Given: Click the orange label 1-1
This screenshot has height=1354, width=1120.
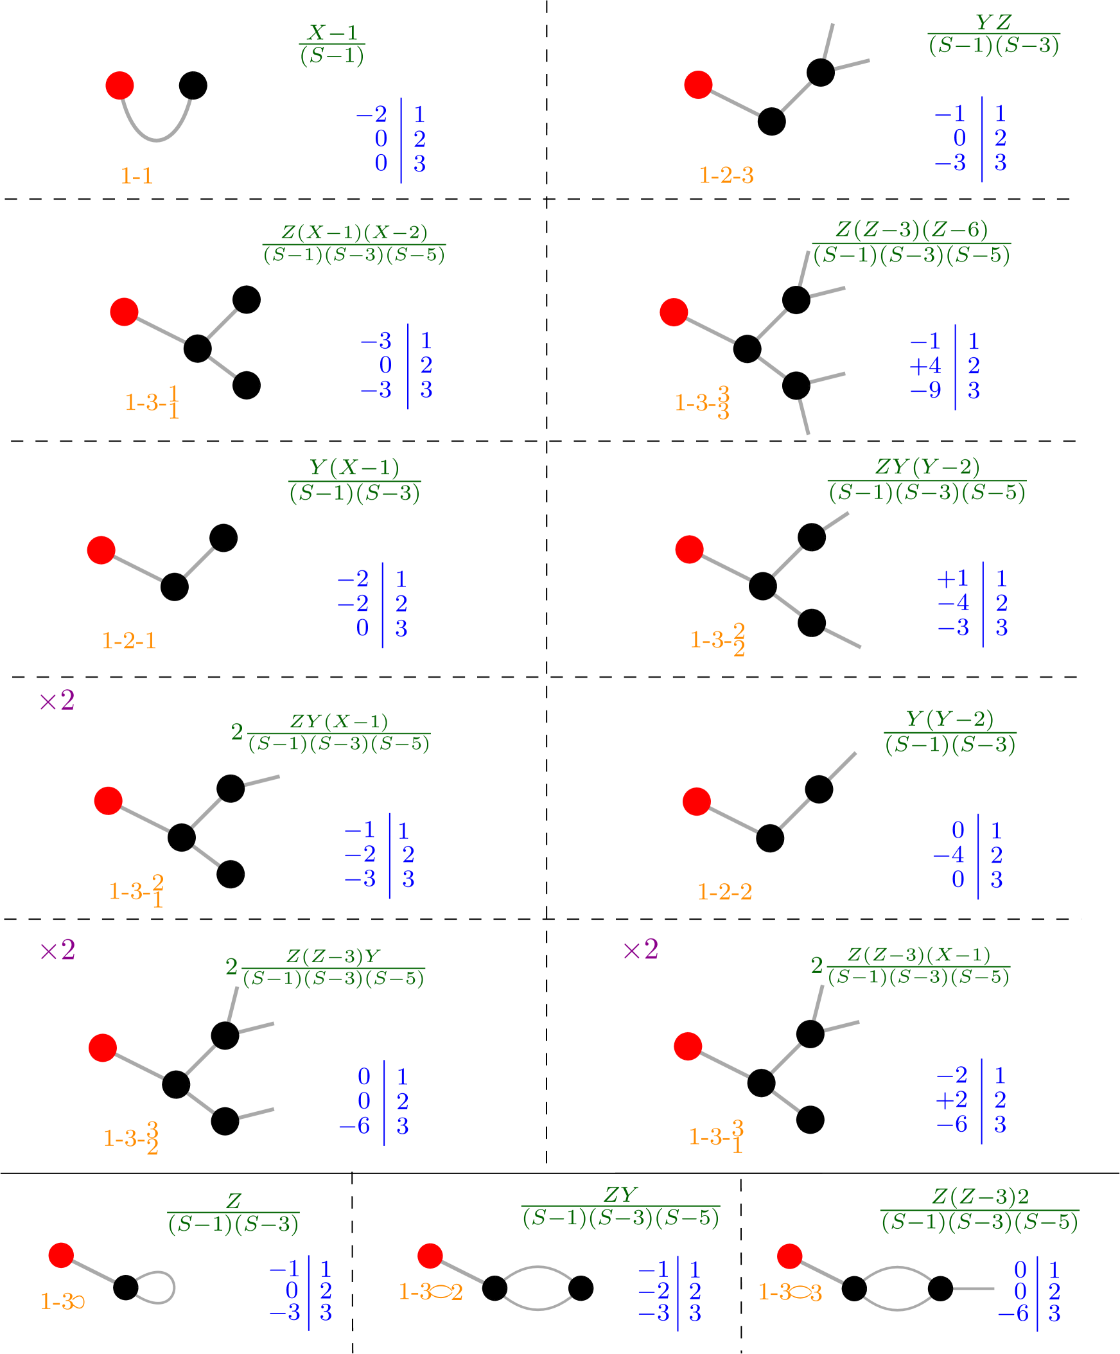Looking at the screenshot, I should pyautogui.click(x=137, y=176).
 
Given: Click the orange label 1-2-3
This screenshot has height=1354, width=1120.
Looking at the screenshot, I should pyautogui.click(x=726, y=175).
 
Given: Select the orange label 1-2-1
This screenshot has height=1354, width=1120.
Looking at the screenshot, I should pyautogui.click(x=129, y=640).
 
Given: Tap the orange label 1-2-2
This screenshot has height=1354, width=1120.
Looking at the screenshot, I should pyautogui.click(x=725, y=892).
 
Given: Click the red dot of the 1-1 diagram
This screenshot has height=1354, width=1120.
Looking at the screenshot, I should pyautogui.click(x=119, y=86).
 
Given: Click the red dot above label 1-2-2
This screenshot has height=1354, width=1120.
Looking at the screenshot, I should pyautogui.click(x=696, y=802).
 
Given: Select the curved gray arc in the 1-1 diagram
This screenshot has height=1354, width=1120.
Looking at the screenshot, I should pyautogui.click(x=156, y=129).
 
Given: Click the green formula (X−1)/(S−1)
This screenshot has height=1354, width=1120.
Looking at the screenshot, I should pyautogui.click(x=332, y=44).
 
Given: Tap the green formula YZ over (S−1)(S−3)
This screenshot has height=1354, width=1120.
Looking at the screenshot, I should pyautogui.click(x=993, y=34).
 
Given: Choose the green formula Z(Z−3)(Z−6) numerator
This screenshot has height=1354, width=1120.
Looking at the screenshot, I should pyautogui.click(x=911, y=230).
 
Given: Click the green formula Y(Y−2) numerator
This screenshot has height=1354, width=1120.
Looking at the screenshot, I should pyautogui.click(x=950, y=718).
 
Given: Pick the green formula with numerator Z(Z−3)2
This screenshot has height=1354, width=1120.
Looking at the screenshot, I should pyautogui.click(x=979, y=1209).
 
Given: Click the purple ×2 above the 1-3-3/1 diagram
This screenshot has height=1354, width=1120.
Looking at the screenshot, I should pyautogui.click(x=640, y=950).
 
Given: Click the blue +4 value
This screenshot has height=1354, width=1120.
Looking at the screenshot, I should pyautogui.click(x=925, y=366).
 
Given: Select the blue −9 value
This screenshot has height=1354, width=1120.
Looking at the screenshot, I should pyautogui.click(x=925, y=391).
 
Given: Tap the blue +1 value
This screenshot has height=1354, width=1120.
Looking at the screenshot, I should pyautogui.click(x=953, y=578).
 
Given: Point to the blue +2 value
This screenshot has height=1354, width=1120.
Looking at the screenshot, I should pyautogui.click(x=952, y=1099).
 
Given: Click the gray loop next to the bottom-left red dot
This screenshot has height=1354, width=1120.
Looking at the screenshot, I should pyautogui.click(x=156, y=1288).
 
